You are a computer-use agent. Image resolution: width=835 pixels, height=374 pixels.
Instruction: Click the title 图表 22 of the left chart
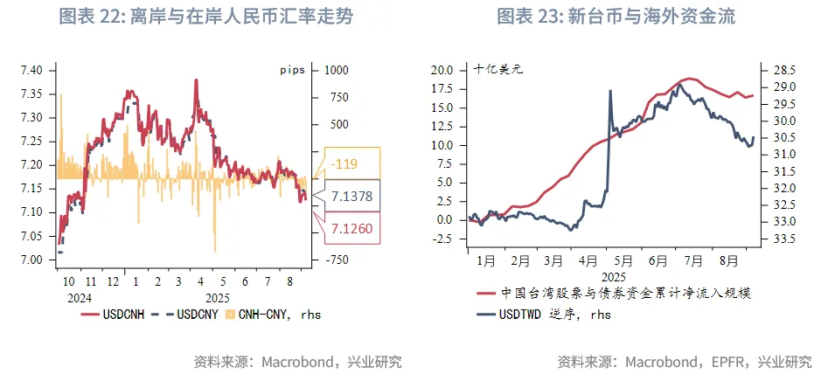coord(206,17)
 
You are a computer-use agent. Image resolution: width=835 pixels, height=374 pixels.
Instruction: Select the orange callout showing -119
coord(352,163)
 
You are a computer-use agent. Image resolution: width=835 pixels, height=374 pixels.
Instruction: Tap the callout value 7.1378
coord(352,197)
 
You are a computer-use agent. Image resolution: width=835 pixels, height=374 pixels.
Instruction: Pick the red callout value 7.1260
coord(352,229)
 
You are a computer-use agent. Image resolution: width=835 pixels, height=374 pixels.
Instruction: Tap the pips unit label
coord(293,70)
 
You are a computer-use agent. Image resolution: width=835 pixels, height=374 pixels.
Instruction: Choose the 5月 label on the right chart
coord(623,260)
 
